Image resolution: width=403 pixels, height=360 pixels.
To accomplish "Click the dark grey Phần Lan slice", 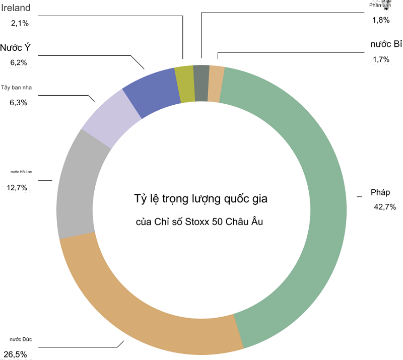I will click(201, 83).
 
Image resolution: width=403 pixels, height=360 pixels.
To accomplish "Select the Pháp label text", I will click(380, 192).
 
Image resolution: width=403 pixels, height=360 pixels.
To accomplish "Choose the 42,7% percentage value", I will click(385, 206).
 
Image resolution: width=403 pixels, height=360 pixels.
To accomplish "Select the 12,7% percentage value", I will click(17, 187).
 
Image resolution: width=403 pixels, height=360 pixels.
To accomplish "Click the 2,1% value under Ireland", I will click(20, 23).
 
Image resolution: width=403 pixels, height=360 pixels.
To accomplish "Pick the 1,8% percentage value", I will click(381, 20).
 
